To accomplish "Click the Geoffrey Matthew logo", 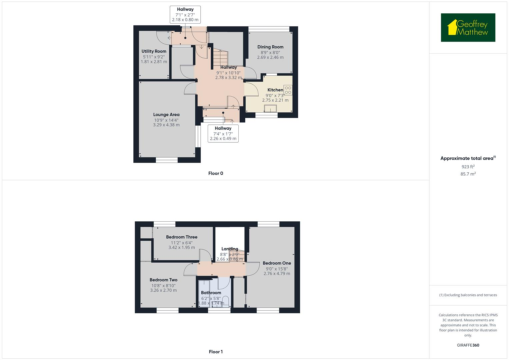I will coord(468,28).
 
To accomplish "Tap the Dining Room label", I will coord(270,47).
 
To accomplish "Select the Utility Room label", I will coord(154,51).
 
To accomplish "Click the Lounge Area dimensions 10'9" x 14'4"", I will coord(166,120).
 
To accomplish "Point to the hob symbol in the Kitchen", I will coord(288,90).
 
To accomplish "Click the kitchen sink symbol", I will coord(270,109).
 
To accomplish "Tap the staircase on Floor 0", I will coord(220,58).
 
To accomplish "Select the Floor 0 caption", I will coord(216,173).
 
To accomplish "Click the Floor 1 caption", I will coord(216,352).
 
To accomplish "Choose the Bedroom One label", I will coord(277,263).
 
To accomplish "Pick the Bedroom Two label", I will coord(163,280).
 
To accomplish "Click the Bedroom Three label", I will coord(182,237).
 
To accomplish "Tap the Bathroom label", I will coord(211,293).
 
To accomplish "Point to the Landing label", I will coord(230,249).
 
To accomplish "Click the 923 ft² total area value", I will coord(468,167).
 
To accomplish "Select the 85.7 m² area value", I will coord(468,174).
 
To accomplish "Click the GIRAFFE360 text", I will coord(468,345).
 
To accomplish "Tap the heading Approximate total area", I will coord(467,158).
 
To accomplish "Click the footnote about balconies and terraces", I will coord(468,295).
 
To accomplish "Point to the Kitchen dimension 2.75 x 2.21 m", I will coord(275,100).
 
